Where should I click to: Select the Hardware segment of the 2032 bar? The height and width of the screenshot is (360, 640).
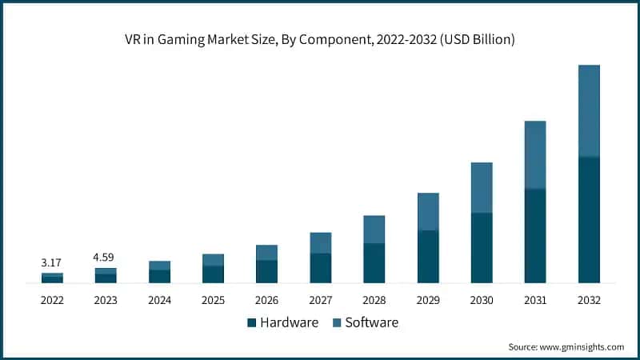pyautogui.click(x=589, y=220)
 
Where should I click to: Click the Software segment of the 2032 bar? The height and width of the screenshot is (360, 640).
pyautogui.click(x=589, y=110)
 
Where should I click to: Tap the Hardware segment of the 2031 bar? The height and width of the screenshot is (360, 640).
pyautogui.click(x=535, y=236)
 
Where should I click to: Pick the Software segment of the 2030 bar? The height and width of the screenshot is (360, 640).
pyautogui.click(x=482, y=187)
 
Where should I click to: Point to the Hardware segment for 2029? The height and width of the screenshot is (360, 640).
pyautogui.click(x=428, y=257)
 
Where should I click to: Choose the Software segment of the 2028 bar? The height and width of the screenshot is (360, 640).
pyautogui.click(x=374, y=230)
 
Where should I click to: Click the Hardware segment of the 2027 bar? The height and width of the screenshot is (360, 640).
pyautogui.click(x=321, y=268)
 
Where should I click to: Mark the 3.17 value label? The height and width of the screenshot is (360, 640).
pyautogui.click(x=52, y=262)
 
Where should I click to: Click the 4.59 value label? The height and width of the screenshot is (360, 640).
pyautogui.click(x=106, y=258)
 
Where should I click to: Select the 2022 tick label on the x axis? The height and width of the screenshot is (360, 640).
pyautogui.click(x=52, y=300)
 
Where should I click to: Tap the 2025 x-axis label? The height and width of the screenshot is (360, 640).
pyautogui.click(x=213, y=300)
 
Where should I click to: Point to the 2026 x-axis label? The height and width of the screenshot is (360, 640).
pyautogui.click(x=266, y=300)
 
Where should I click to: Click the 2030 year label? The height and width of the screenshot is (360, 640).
pyautogui.click(x=482, y=300)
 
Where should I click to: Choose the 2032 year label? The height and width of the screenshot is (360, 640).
pyautogui.click(x=589, y=300)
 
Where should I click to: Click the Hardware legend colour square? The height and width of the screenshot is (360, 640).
pyautogui.click(x=252, y=323)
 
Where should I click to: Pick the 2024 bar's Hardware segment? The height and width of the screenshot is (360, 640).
pyautogui.click(x=159, y=277)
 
